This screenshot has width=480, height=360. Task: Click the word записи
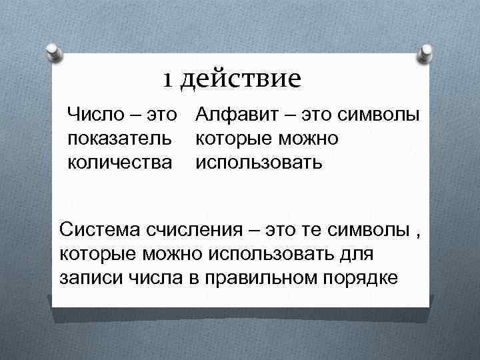pyautogui.click(x=85, y=277)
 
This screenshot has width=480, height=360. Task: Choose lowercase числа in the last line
pyautogui.click(x=141, y=277)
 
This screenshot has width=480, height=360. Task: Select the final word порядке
pyautogui.click(x=359, y=277)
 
